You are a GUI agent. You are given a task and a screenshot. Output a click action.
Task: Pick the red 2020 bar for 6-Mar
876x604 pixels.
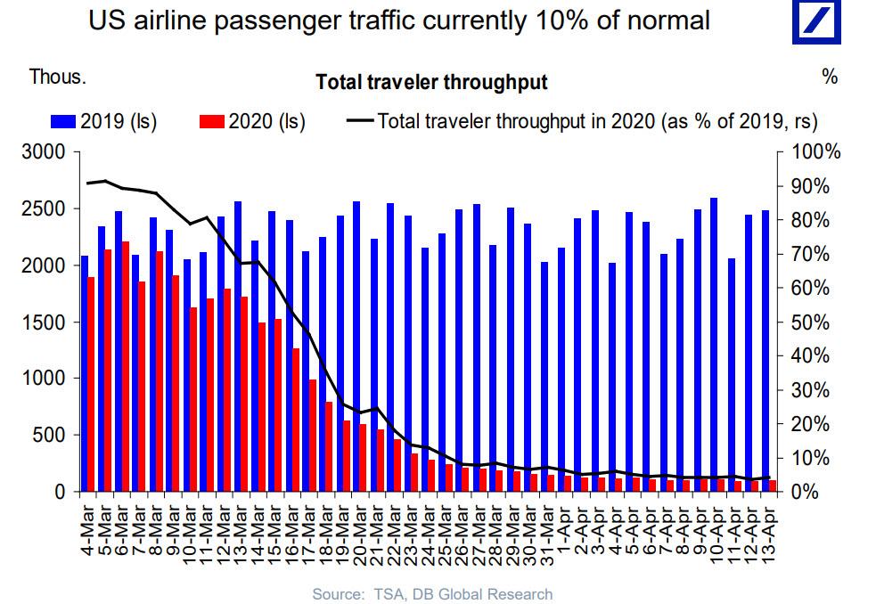(x=126, y=366)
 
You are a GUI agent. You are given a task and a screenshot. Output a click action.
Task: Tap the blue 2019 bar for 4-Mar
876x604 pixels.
(x=85, y=373)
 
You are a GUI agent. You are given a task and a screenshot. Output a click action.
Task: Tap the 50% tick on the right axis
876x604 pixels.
(x=815, y=322)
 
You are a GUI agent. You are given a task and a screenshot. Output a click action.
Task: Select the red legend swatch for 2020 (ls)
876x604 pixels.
(x=213, y=121)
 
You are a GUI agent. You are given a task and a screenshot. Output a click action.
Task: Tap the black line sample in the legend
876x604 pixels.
(x=357, y=121)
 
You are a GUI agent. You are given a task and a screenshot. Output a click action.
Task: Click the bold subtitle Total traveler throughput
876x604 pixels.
(x=431, y=83)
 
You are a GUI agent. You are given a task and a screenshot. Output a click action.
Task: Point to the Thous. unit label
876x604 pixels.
(x=58, y=77)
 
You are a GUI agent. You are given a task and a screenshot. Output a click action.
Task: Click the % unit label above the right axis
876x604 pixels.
(x=830, y=77)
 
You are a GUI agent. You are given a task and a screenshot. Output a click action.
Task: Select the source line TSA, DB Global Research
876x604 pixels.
(x=432, y=593)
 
